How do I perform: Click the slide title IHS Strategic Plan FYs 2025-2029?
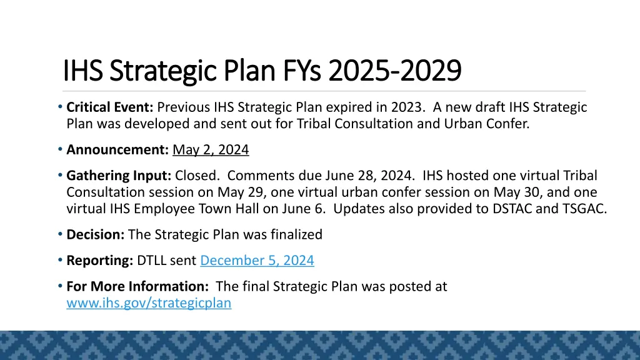262,71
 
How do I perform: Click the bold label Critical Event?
111,107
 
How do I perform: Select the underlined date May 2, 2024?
211,149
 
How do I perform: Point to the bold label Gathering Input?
119,176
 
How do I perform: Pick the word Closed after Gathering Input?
194,176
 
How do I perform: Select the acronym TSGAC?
582,209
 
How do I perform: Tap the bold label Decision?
96,234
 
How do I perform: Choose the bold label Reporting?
99,261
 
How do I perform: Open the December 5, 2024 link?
257,261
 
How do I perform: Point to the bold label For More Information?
137,286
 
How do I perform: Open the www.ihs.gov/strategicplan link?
149,303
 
